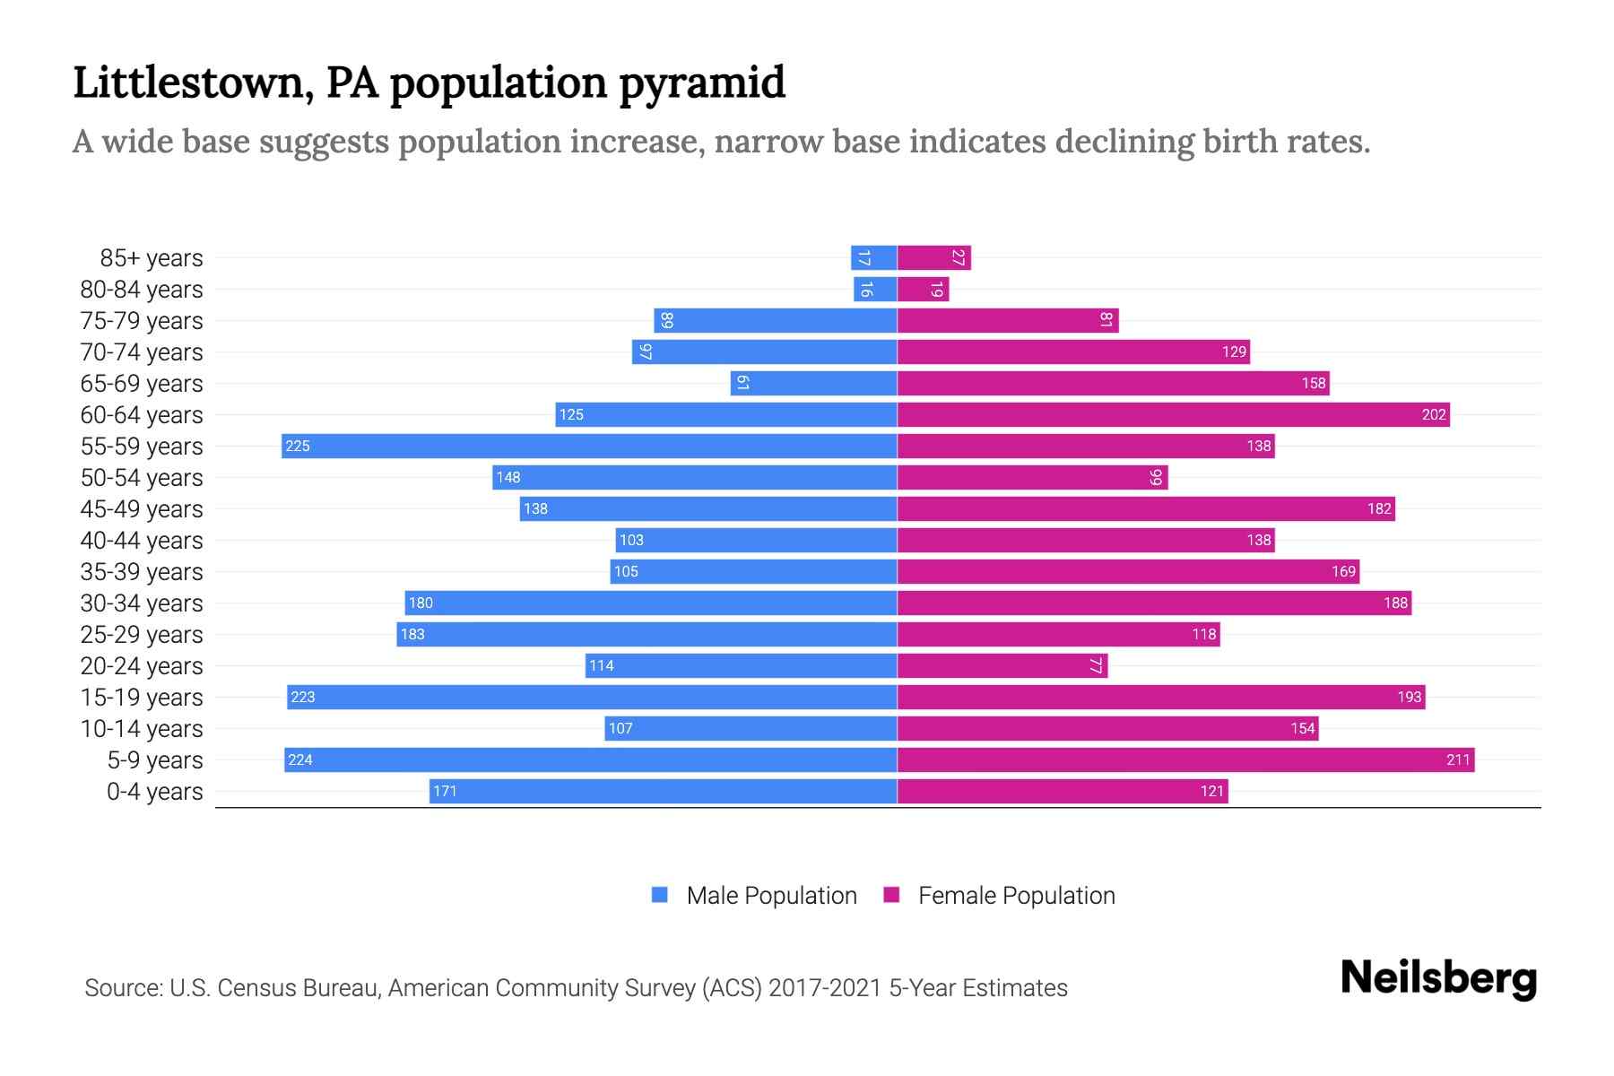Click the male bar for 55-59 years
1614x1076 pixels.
pos(589,446)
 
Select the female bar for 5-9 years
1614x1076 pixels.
pos(1185,760)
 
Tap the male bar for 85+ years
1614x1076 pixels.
pos(873,258)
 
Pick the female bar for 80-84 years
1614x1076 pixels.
pos(923,290)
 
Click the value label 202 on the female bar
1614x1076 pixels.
pos(1433,414)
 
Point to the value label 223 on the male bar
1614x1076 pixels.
pos(303,698)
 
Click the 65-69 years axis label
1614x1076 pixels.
pos(142,384)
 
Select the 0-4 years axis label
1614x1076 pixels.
pos(154,792)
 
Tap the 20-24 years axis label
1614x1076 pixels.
pos(142,666)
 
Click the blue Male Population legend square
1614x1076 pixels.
pos(660,895)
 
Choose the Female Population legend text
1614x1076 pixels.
pos(1016,896)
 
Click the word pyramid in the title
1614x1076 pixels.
pos(702,82)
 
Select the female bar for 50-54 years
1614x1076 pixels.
pos(1032,478)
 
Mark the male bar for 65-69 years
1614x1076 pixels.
pos(813,384)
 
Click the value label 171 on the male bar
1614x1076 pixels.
pos(445,792)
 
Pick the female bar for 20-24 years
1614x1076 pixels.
pos(1002,666)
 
